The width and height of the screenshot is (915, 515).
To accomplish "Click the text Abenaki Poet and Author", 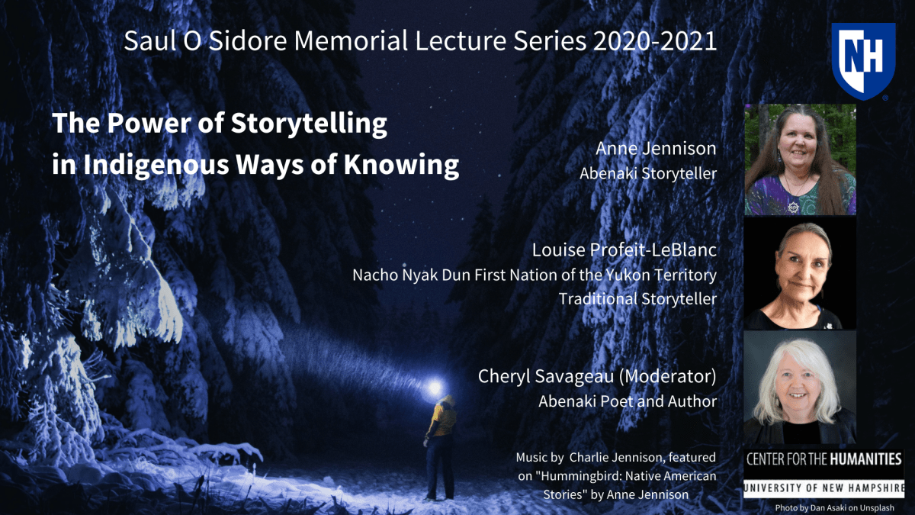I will click(x=627, y=401).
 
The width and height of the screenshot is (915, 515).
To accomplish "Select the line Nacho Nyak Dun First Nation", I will click(x=534, y=274).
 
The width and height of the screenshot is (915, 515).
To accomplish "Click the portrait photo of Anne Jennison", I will click(x=800, y=159).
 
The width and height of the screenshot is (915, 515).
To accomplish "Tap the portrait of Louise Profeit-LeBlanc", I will click(x=800, y=274).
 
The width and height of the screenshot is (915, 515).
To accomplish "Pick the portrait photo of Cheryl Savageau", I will click(x=800, y=388).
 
